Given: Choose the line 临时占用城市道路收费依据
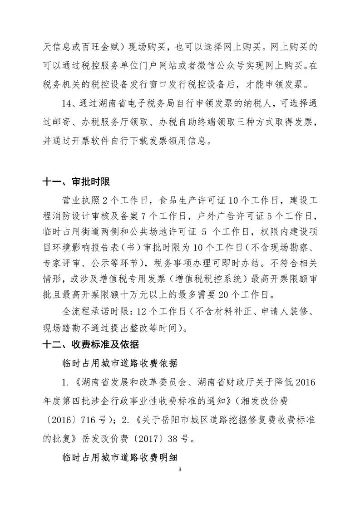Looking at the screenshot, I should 119,363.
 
